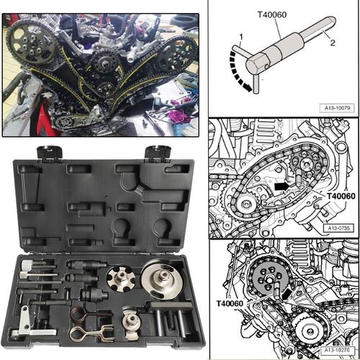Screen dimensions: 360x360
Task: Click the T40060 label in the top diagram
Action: click(x=272, y=15)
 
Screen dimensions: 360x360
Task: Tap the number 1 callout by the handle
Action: click(x=241, y=37)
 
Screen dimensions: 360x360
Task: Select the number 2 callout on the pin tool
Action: click(x=333, y=42)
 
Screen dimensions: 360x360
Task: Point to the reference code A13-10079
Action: click(x=337, y=108)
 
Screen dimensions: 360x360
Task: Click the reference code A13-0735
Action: click(x=338, y=228)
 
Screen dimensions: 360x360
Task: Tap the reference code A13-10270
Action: click(x=337, y=350)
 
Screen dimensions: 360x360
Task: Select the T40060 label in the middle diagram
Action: click(x=341, y=197)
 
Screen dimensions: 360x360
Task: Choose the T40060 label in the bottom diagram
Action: click(x=230, y=304)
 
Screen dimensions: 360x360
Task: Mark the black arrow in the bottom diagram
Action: click(x=287, y=294)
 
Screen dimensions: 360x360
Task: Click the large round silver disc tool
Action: click(x=160, y=282)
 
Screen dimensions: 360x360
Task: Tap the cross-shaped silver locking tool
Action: click(x=120, y=279)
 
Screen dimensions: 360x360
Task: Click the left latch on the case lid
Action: click(x=50, y=152)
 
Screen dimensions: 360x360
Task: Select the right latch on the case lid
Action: click(x=158, y=152)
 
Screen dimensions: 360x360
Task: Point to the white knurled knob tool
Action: click(x=27, y=265)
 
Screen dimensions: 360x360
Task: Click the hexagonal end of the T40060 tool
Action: click(x=255, y=65)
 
